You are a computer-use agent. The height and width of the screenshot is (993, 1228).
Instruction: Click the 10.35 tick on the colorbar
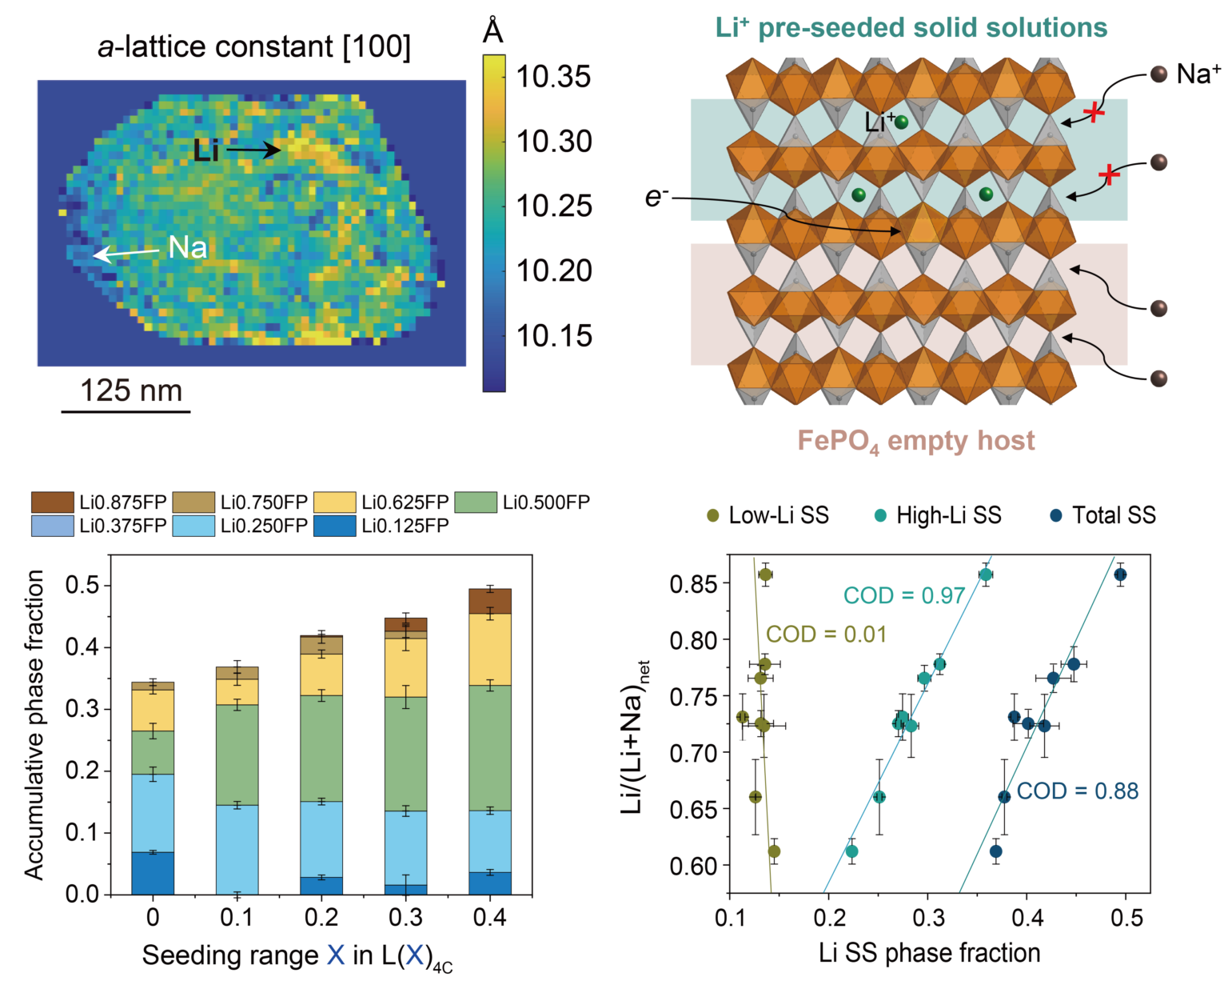(552, 77)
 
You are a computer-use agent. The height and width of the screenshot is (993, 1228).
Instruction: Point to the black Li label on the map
(205, 150)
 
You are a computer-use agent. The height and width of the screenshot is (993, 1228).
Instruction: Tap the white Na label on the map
(187, 248)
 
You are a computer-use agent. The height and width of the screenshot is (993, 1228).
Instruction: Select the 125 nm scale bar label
(131, 390)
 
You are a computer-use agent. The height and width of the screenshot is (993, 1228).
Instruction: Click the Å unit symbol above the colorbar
(493, 32)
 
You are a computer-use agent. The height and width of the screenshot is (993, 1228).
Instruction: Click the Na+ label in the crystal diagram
(1198, 74)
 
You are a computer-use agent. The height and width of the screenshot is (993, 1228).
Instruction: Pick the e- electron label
(656, 196)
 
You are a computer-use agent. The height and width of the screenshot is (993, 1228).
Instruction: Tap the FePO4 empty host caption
(915, 441)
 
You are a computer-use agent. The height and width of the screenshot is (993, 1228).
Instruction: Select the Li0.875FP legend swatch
(52, 503)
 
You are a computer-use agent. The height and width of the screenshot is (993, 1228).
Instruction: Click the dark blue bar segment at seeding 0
(153, 873)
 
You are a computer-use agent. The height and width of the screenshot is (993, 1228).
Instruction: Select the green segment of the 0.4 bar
(489, 748)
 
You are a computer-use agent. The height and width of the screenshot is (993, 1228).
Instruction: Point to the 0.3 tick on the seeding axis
(405, 917)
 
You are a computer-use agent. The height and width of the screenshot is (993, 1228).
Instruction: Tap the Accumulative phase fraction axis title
(34, 725)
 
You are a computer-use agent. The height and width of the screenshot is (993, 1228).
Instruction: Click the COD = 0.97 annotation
(903, 595)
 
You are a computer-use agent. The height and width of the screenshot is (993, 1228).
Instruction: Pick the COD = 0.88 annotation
(1077, 791)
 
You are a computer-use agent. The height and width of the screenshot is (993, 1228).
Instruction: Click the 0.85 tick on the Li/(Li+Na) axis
(692, 583)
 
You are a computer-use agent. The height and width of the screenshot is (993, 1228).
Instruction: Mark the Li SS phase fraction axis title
(929, 953)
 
